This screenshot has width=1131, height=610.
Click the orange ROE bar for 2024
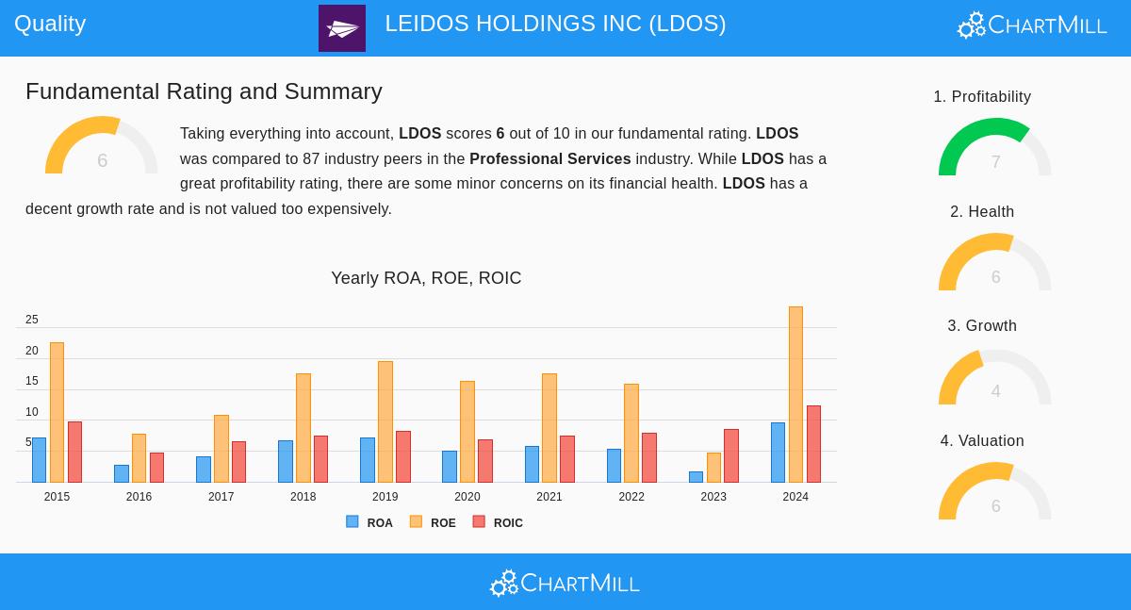(795, 394)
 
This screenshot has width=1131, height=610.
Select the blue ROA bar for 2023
(696, 477)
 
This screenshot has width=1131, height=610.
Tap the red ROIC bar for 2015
(74, 452)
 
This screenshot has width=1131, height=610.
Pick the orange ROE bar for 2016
(139, 458)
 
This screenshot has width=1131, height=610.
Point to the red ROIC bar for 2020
(485, 461)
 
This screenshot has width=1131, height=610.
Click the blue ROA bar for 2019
(367, 460)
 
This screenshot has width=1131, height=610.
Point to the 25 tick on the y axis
(32, 320)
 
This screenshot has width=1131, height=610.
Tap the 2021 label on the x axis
(549, 497)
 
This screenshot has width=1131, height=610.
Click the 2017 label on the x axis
(221, 497)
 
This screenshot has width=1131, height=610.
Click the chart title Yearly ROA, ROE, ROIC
(426, 278)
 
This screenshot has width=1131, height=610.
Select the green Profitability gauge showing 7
(994, 148)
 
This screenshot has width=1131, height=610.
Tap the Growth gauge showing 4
(994, 378)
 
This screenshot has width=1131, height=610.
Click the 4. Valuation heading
(982, 441)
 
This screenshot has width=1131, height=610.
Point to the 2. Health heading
(982, 212)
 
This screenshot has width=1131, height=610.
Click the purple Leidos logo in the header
(342, 28)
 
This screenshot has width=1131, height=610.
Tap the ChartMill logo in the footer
(565, 583)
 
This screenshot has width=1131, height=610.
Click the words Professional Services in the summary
(549, 159)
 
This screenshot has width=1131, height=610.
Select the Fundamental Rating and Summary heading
(204, 91)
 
